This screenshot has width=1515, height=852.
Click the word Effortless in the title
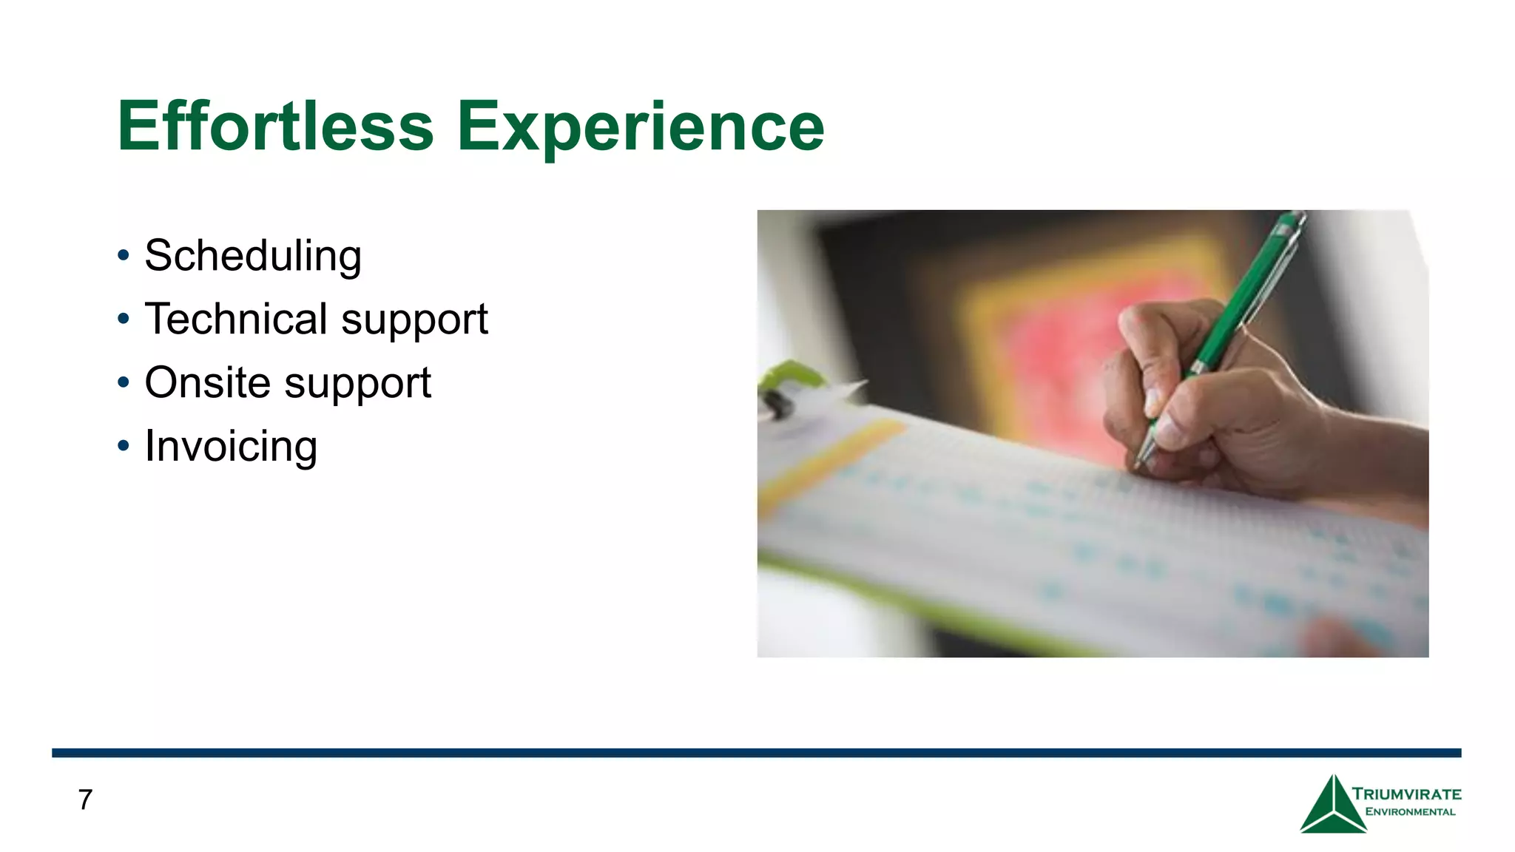point(275,127)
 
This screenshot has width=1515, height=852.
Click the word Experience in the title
point(641,127)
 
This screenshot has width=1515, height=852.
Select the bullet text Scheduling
point(253,256)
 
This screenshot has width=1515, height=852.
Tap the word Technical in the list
point(236,319)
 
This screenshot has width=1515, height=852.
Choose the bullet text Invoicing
point(231,446)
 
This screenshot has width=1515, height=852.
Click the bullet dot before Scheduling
point(124,256)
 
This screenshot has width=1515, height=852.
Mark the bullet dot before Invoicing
point(124,446)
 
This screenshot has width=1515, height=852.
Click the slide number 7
point(85,799)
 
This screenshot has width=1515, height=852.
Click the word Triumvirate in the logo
point(1406,794)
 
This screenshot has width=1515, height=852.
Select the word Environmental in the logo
point(1410,812)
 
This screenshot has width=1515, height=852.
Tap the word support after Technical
point(414,320)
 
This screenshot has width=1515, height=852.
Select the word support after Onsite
point(357,384)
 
